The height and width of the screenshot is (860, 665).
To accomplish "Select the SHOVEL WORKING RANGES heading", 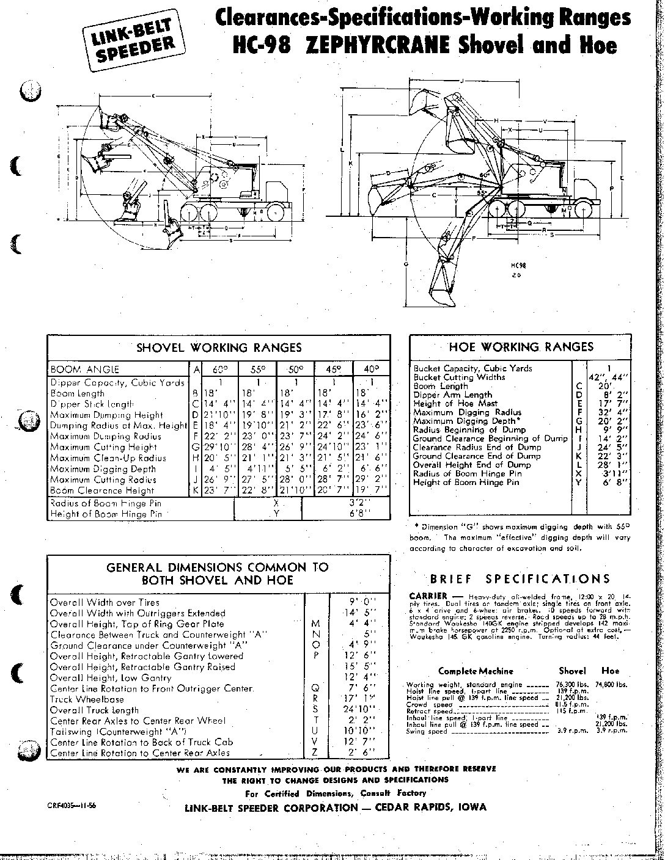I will click(x=219, y=348).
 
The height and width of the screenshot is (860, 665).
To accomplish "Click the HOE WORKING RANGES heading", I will click(x=521, y=347).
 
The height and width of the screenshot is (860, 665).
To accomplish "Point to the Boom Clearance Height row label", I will click(x=103, y=490).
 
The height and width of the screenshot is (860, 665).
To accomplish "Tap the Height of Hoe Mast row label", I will click(x=455, y=404).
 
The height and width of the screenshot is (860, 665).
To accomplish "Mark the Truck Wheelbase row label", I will click(x=87, y=699).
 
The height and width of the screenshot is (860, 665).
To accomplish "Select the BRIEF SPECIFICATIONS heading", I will click(x=520, y=579).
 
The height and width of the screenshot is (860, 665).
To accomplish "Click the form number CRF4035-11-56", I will click(x=71, y=806).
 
